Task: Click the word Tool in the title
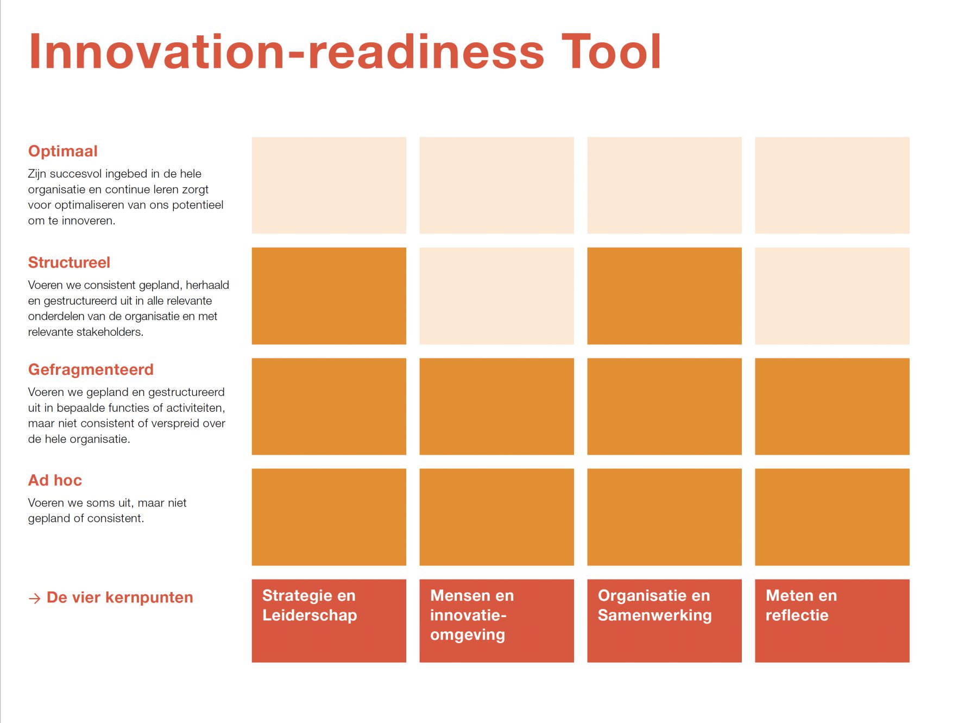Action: [x=611, y=52]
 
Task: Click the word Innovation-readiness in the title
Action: [x=287, y=52]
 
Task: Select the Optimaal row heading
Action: [x=63, y=151]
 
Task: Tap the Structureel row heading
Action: [x=69, y=262]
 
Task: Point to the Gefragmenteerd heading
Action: [x=91, y=369]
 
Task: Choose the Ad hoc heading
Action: [x=55, y=480]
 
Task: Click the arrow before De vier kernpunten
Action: [x=34, y=599]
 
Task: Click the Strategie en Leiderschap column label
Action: [x=329, y=621]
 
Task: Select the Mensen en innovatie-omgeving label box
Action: [x=497, y=621]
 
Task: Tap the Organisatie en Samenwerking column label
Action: [x=665, y=621]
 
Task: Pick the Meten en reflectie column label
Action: [x=833, y=621]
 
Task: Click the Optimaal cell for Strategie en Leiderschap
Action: [x=329, y=185]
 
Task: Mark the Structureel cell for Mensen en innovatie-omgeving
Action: [x=497, y=296]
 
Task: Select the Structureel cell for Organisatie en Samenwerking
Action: [x=665, y=296]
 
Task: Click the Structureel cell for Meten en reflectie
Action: [x=833, y=296]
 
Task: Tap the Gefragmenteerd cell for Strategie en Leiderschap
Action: [x=329, y=406]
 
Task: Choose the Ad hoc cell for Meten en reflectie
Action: [x=833, y=517]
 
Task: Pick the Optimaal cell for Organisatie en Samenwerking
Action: [x=665, y=185]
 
